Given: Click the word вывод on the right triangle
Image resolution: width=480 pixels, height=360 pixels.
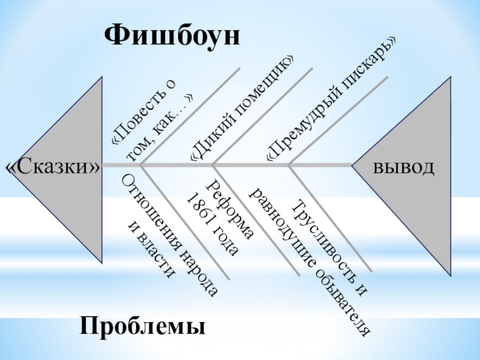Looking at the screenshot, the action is click(403, 167).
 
